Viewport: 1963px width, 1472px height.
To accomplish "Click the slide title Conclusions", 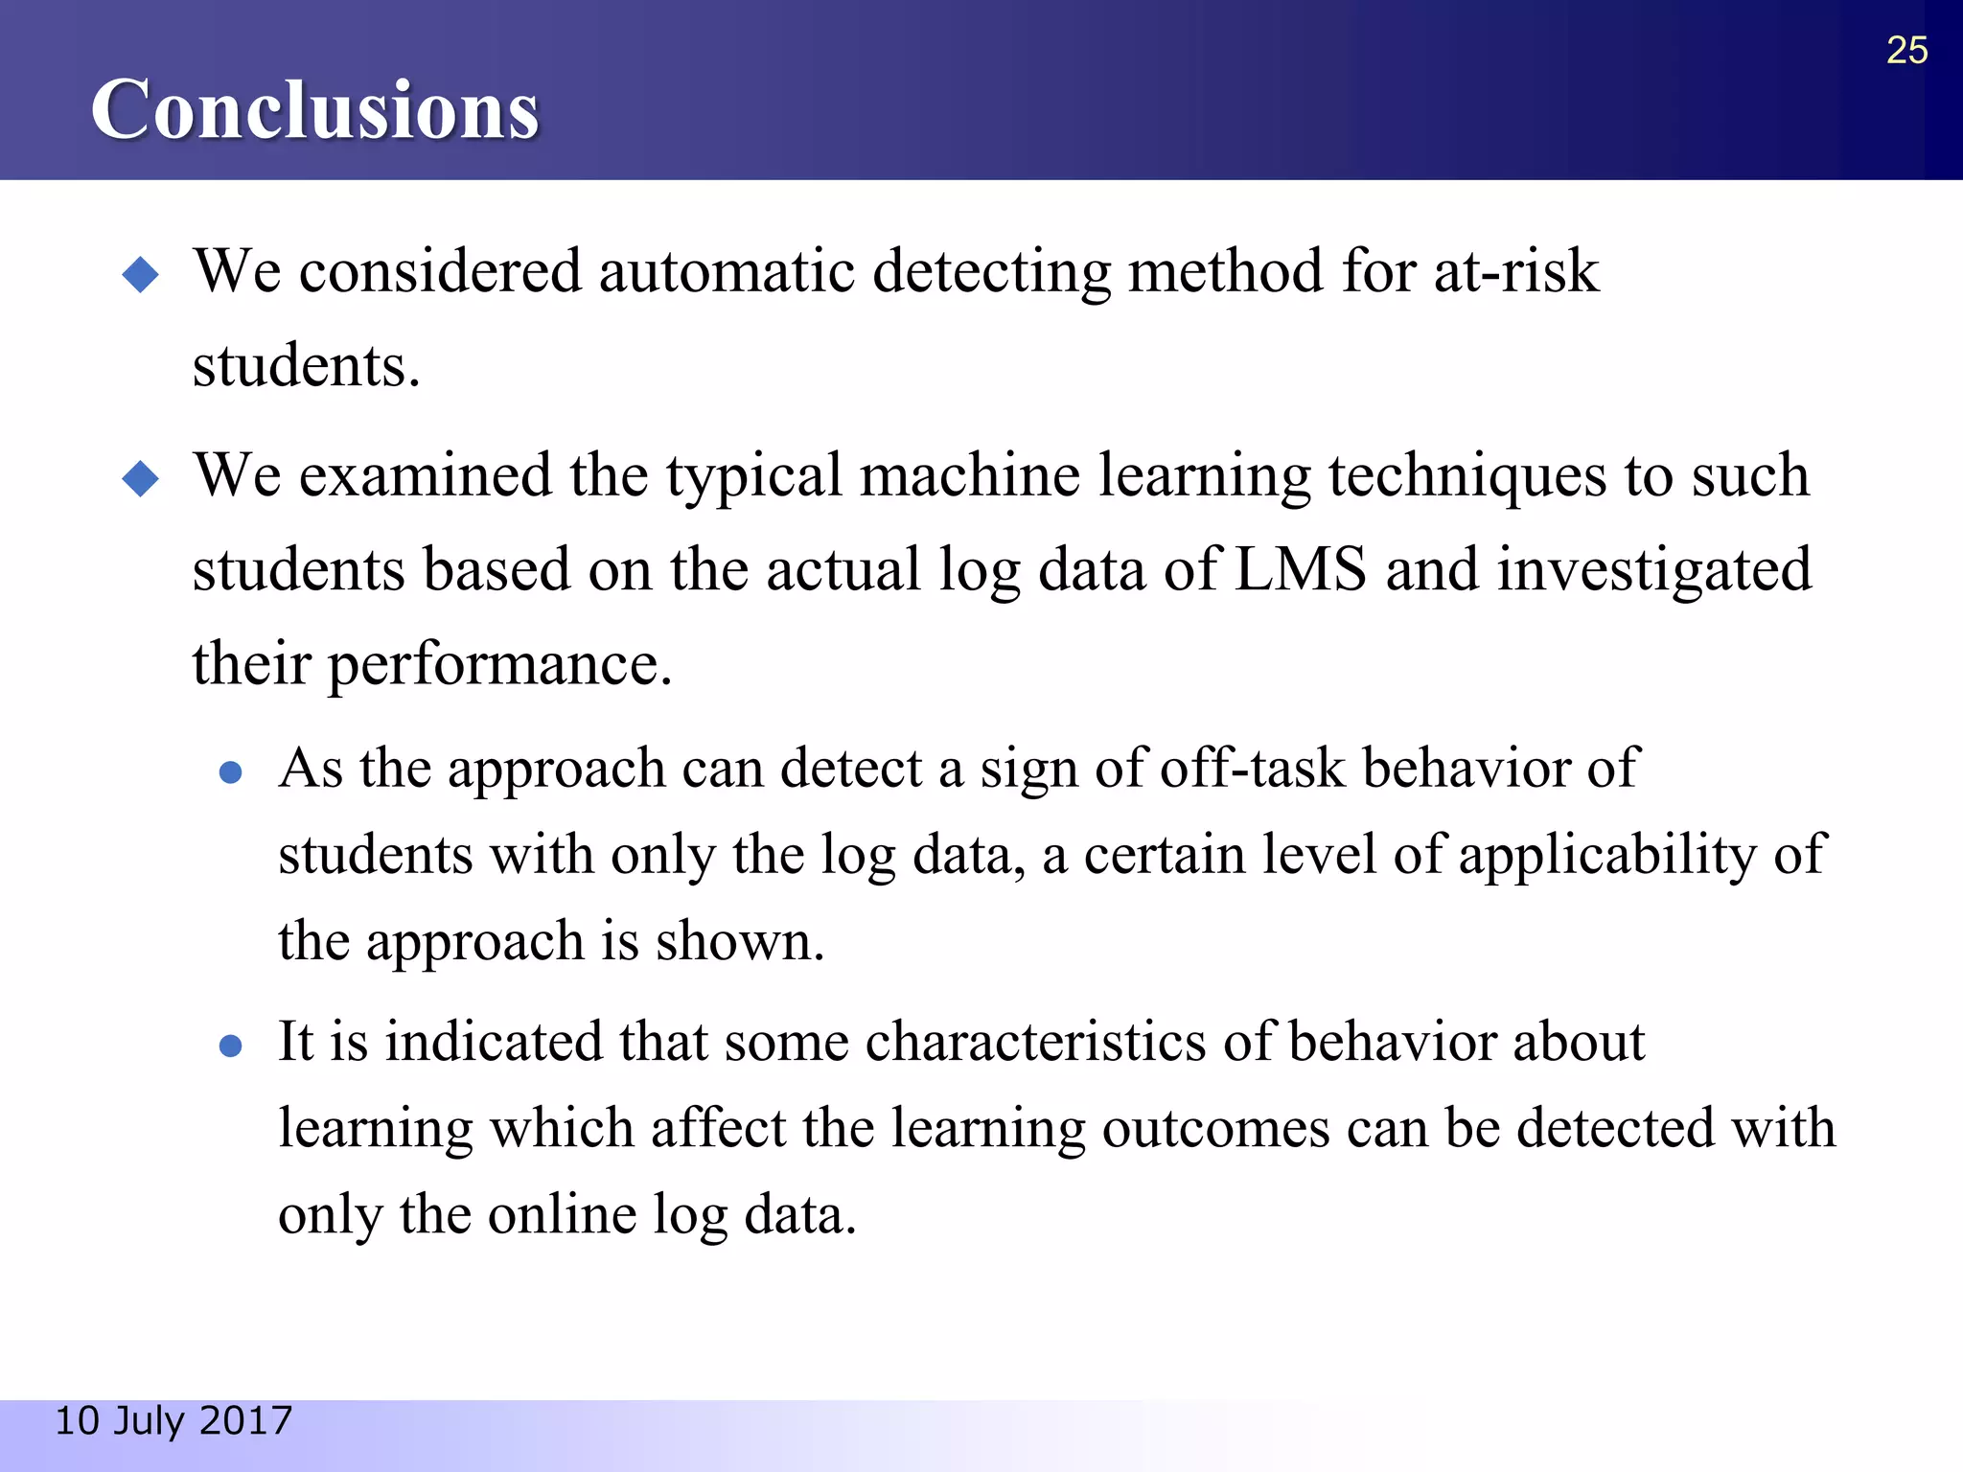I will pos(314,110).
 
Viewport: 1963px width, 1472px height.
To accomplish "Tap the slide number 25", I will pos(1906,50).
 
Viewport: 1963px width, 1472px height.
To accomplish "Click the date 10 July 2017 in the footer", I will pos(173,1420).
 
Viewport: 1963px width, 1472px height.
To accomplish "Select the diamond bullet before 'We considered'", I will pos(141,275).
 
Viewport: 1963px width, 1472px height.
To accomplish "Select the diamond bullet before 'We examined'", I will pos(141,478).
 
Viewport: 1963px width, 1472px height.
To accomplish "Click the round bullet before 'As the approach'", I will pos(230,772).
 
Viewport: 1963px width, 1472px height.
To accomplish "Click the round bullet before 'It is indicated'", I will pos(230,1046).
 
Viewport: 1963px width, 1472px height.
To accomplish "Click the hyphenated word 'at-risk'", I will pos(1516,271).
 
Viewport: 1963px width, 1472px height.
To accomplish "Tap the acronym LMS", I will pos(1301,569).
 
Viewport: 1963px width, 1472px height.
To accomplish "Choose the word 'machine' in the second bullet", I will pos(970,475).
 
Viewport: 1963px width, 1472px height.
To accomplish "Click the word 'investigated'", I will pos(1654,569).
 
